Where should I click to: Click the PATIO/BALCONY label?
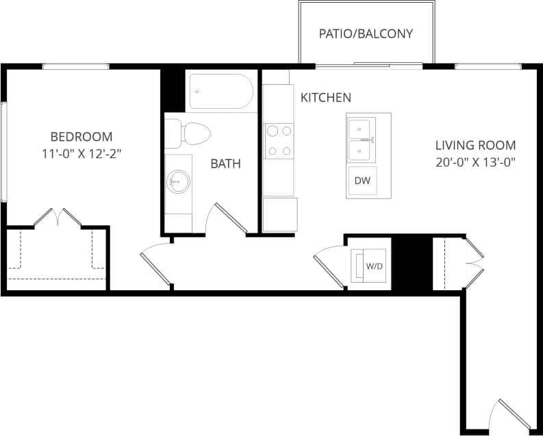tap(366, 34)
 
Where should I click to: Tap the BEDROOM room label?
tap(81, 136)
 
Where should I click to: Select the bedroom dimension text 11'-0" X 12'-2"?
tap(81, 153)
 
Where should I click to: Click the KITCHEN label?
tap(326, 98)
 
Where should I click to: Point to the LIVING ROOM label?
tap(475, 145)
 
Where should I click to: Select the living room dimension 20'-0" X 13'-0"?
tap(475, 162)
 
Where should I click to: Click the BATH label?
tap(225, 164)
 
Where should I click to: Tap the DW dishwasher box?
tap(362, 181)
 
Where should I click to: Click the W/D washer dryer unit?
tap(370, 265)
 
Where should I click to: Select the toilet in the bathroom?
tap(188, 131)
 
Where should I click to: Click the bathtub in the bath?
tap(220, 91)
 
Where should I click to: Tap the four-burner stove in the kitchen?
tap(279, 141)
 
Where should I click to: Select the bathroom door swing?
tap(229, 218)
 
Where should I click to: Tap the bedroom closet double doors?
tap(58, 217)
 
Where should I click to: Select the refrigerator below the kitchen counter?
tap(280, 214)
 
